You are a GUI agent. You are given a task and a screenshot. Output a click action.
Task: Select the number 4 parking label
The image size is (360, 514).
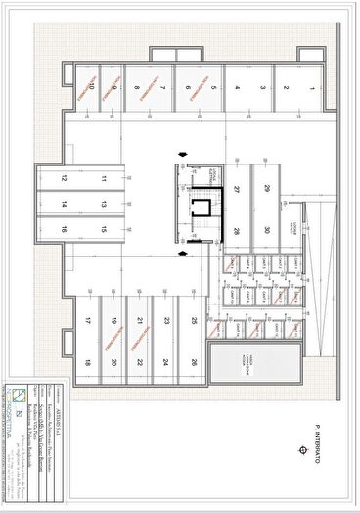237,87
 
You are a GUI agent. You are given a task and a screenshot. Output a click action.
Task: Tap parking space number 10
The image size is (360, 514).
91,87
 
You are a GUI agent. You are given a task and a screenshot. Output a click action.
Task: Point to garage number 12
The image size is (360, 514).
62,179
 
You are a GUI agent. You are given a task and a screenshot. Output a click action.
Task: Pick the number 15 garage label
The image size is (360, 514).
103,229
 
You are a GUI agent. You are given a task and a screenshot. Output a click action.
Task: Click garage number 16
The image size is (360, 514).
62,229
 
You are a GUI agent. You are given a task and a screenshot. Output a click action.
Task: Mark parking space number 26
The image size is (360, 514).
195,363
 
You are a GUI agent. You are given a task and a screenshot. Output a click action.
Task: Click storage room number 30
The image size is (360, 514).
266,230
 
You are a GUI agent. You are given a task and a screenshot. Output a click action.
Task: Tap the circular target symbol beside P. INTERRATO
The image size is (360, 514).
317,475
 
